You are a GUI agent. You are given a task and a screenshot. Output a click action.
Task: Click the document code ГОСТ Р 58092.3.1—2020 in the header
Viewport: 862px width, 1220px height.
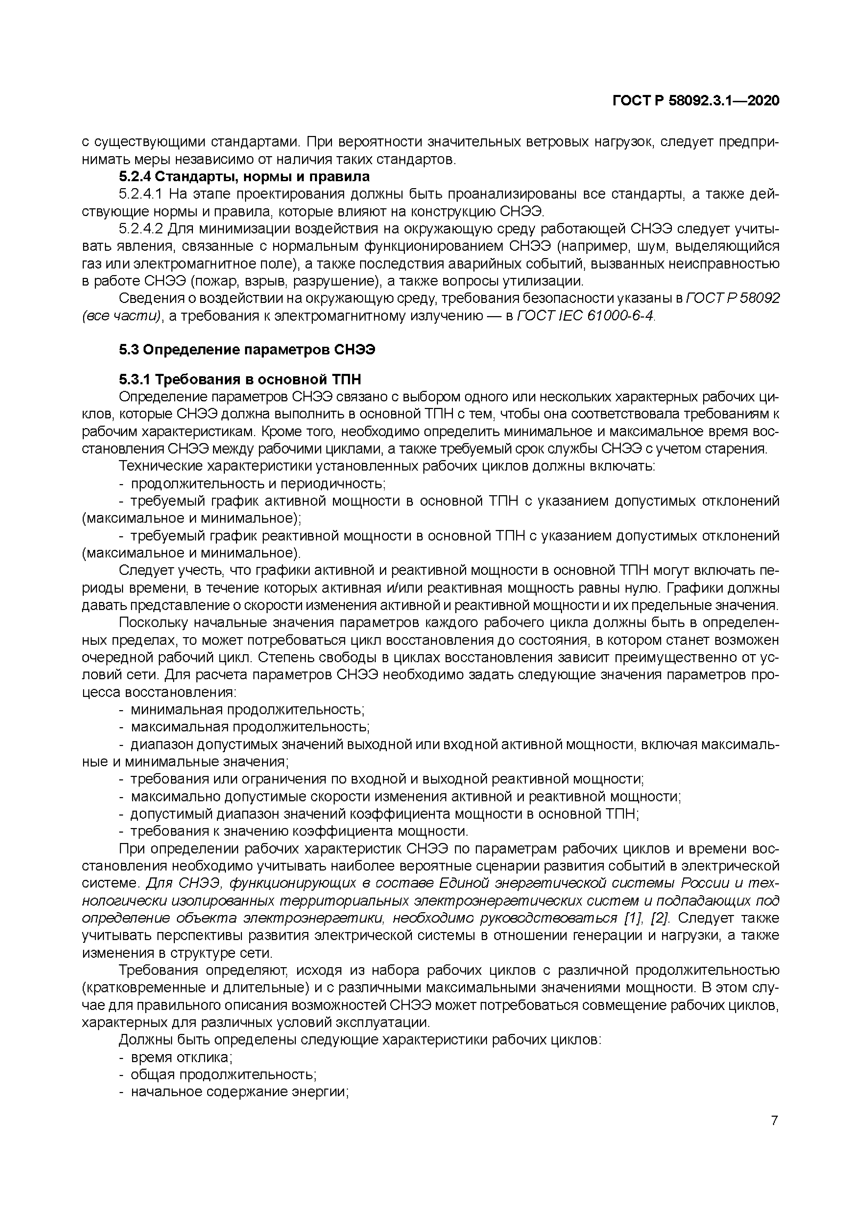click(x=696, y=101)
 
